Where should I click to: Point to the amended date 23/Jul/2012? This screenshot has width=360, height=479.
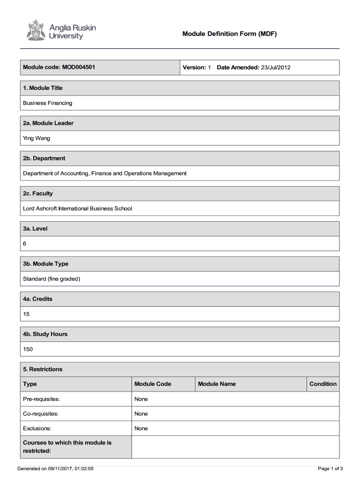coord(276,68)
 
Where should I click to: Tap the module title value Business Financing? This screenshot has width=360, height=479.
coord(48,103)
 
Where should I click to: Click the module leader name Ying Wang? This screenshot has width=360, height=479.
coord(36,138)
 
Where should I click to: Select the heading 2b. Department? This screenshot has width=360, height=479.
coord(44,158)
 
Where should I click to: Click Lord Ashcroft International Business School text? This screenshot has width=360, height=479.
coord(78,208)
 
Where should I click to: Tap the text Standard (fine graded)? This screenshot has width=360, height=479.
coord(52,279)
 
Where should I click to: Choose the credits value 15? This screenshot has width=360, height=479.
coord(27,314)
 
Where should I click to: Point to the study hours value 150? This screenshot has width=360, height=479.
coord(28,349)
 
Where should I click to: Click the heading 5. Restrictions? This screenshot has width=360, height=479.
coord(43,369)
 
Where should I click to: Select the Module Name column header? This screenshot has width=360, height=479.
coord(217,384)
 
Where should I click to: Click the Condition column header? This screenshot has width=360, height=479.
coord(323,384)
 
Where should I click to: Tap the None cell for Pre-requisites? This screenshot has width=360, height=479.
coord(141,399)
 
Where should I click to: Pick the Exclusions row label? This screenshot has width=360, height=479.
coord(37,428)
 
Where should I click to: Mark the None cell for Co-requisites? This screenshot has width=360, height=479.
coord(141,414)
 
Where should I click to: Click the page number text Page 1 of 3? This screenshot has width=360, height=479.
coord(331,469)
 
